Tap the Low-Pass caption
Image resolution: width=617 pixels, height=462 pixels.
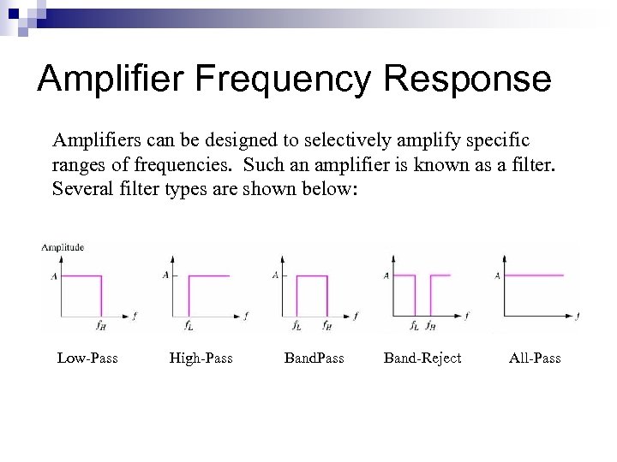click(87, 358)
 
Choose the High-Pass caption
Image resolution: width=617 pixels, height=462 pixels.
click(201, 358)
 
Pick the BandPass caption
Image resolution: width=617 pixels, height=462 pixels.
click(313, 358)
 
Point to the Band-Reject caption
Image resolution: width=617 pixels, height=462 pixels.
click(422, 358)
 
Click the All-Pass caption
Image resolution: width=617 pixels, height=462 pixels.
click(534, 358)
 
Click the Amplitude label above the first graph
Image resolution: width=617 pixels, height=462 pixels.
click(62, 247)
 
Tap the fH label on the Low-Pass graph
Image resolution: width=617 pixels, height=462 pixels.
click(100, 324)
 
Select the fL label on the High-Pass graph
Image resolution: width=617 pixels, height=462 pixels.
click(189, 324)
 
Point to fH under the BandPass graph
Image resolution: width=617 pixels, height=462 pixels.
click(326, 325)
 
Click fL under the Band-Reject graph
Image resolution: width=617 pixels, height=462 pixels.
click(414, 325)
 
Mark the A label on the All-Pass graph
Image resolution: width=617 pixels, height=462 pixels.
click(498, 275)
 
